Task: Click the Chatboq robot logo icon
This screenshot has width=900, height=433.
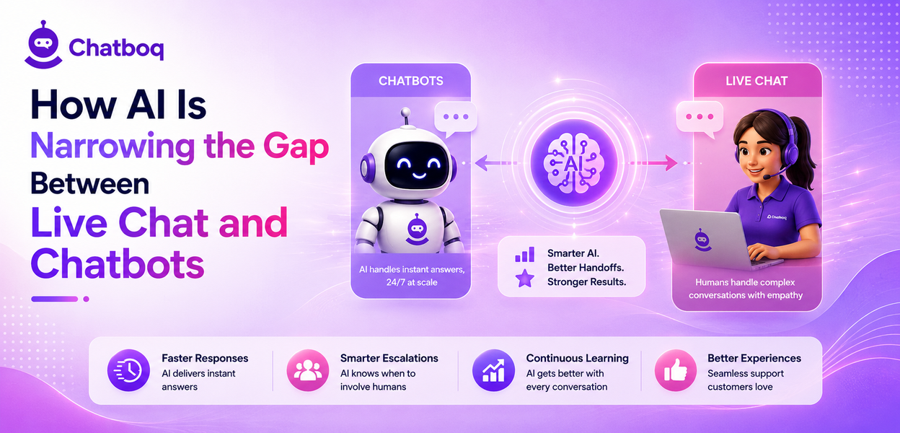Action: pos(43,45)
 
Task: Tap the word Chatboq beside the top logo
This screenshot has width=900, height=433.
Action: pos(116,48)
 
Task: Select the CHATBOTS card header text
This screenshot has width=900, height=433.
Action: pos(410,81)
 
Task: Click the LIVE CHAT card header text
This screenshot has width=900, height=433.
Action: pos(756,81)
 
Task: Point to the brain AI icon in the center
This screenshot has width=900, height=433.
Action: pos(574,163)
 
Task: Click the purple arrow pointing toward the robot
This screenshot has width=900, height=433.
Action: pos(494,163)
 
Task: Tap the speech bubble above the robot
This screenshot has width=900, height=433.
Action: pos(455,118)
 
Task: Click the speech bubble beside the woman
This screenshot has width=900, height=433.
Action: pos(700,118)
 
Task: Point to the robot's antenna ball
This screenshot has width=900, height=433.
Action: pos(406,112)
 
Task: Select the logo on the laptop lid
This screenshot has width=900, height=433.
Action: pos(701,240)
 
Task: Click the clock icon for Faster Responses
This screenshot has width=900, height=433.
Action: pos(128,370)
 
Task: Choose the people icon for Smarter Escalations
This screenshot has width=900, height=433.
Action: pos(308,370)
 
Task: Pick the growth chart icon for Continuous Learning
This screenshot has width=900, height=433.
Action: pos(493,370)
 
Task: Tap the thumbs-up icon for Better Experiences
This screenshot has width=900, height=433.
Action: pos(676,370)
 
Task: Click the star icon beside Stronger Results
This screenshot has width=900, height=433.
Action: pos(525,279)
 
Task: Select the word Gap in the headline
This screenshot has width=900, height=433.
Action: pos(296,147)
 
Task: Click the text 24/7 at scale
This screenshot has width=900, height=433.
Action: pos(412,282)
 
